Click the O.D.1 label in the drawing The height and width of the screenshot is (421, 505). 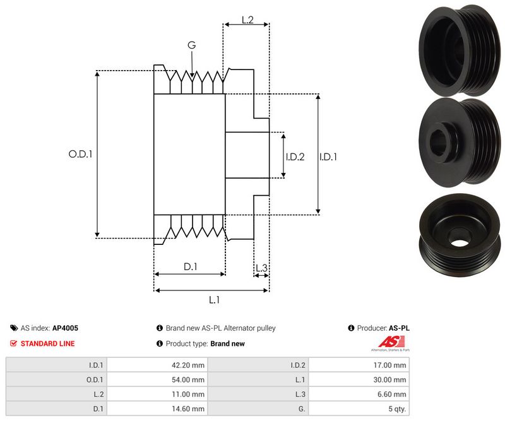pos(81,153)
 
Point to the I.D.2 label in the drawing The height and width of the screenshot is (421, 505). pos(295,157)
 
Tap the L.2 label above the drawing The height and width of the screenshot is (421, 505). pos(247,20)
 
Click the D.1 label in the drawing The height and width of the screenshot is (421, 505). pos(191,267)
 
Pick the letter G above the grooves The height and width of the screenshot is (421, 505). pos(192,45)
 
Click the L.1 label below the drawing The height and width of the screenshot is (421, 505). pos(213,300)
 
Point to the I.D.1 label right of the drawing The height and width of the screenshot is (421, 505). pos(328,157)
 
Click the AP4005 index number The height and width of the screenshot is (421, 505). pos(65,328)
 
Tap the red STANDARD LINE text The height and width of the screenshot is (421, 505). pos(47,343)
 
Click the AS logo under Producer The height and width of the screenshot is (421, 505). pos(390,343)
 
